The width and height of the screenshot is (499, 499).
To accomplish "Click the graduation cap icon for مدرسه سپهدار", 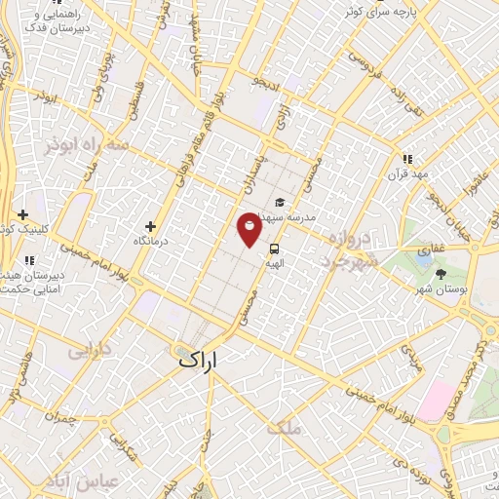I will [x=280, y=203].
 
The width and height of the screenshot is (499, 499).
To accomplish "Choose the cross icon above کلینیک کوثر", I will [x=21, y=214].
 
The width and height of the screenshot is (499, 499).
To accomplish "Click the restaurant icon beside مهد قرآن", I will [x=407, y=159].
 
